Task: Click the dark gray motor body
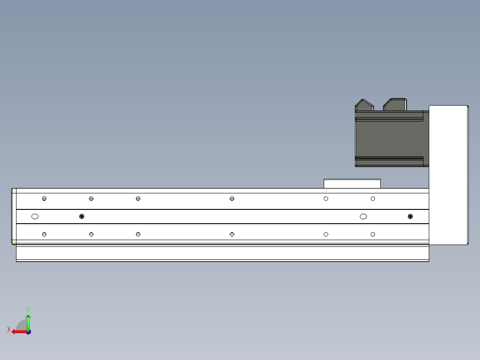pos(392,139)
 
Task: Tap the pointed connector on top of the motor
pos(364,105)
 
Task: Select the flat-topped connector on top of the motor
pos(395,105)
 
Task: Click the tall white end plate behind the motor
pos(448,175)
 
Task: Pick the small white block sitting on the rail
pos(352,184)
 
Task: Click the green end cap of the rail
pos(14,216)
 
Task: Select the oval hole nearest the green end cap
pos(35,217)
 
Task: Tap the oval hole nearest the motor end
pos(363,217)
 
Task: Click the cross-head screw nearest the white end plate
pos(410,217)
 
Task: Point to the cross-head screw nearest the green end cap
pos(82,217)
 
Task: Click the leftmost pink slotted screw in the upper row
pos(45,199)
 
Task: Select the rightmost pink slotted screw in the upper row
pos(232,199)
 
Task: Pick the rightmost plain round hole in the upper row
pos(373,199)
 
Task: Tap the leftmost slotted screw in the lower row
pos(45,234)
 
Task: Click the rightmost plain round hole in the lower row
pos(373,234)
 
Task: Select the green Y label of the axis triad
pos(28,310)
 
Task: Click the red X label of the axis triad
pos(9,329)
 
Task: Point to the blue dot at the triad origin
pos(28,332)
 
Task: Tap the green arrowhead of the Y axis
pos(28,317)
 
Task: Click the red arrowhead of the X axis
pos(14,332)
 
